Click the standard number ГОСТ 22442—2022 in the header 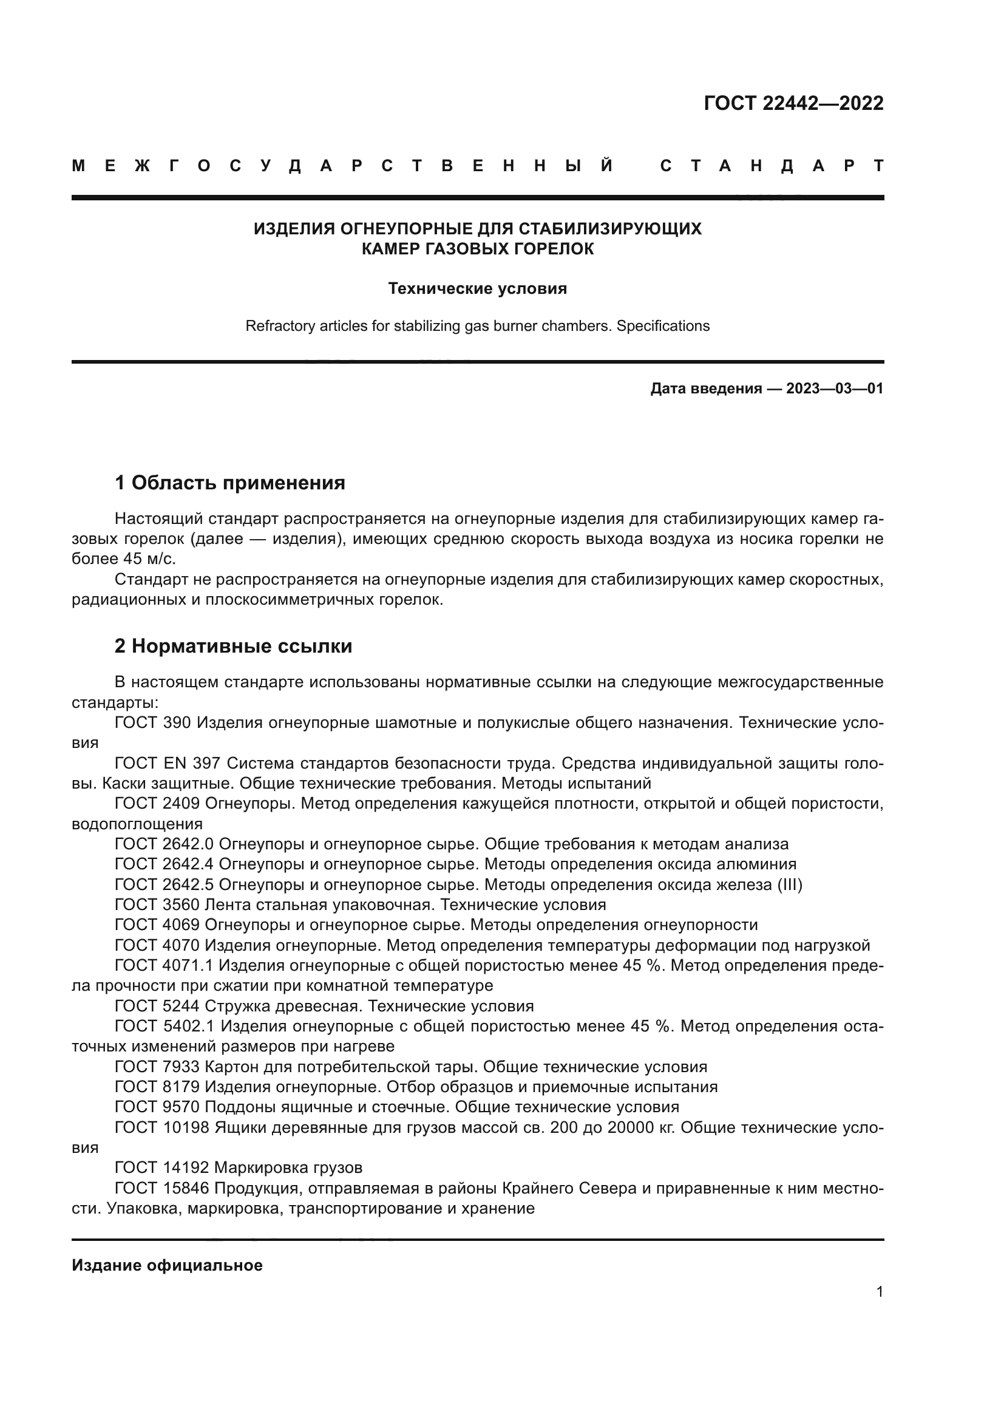pyautogui.click(x=793, y=103)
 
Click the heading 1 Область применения pyautogui.click(x=229, y=483)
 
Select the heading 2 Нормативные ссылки pyautogui.click(x=233, y=646)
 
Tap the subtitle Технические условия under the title pyautogui.click(x=477, y=289)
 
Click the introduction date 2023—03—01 pyautogui.click(x=835, y=389)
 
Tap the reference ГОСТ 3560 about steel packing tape pyautogui.click(x=157, y=905)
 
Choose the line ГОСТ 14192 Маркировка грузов pyautogui.click(x=238, y=1167)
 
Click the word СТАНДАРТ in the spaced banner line pyautogui.click(x=772, y=166)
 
